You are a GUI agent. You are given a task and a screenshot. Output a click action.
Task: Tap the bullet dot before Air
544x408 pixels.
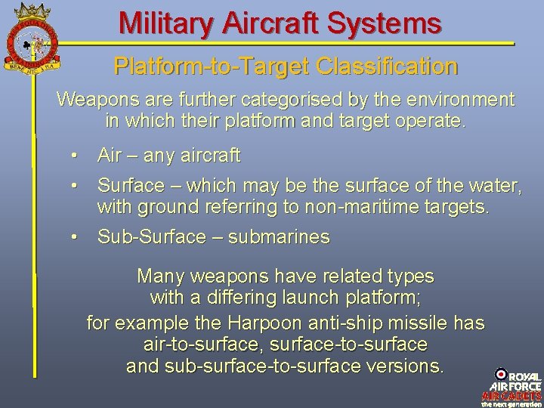(74, 156)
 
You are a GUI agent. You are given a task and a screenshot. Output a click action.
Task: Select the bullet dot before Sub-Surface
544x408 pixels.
(74, 237)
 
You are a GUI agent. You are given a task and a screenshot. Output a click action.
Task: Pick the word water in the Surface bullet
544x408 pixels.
(493, 185)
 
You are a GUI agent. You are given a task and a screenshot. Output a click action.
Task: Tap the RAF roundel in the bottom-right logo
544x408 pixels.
(500, 375)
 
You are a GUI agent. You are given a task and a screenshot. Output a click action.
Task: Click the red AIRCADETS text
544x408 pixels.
(512, 395)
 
